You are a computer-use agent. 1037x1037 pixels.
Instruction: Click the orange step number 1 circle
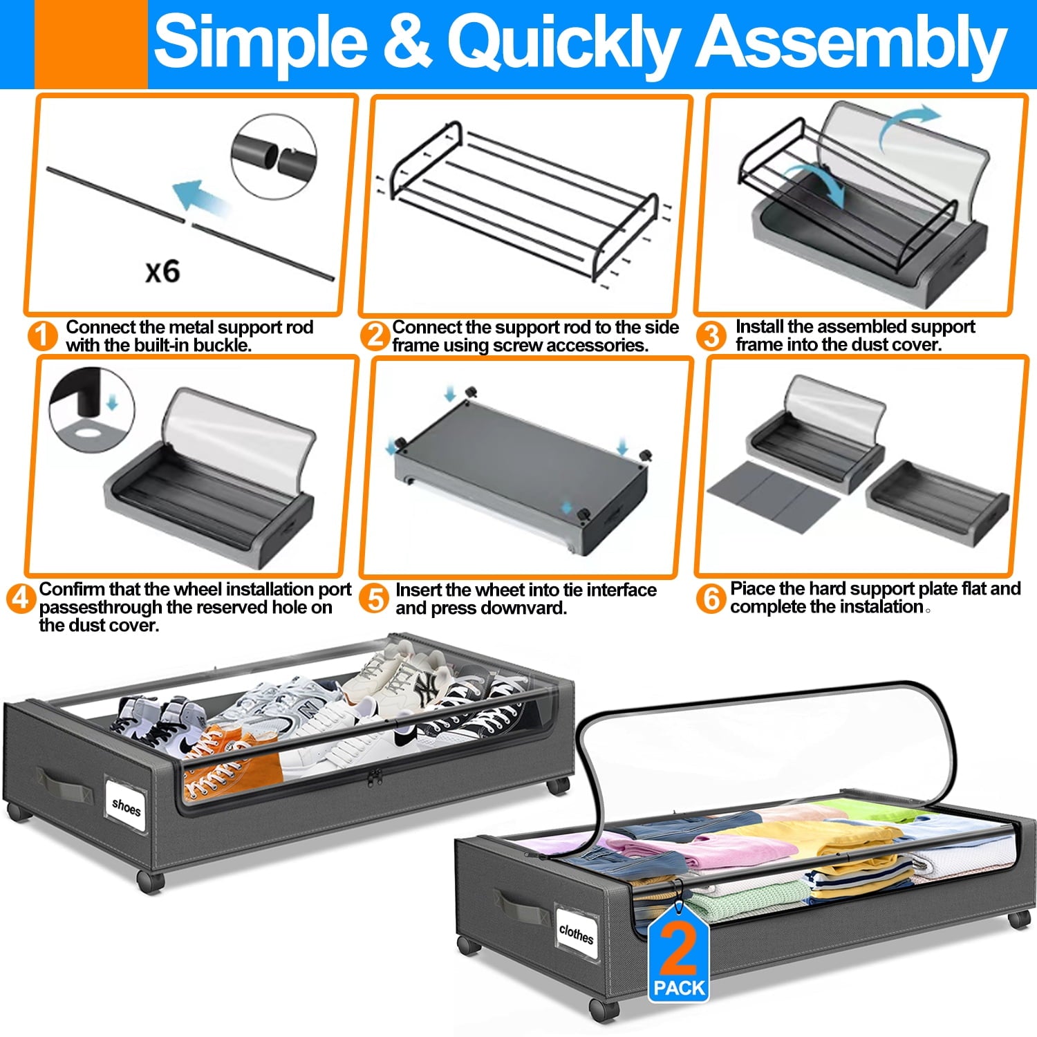coord(43,336)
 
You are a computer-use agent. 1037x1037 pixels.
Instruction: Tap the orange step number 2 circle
coord(375,335)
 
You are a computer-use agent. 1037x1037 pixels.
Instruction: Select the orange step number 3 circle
coord(711,335)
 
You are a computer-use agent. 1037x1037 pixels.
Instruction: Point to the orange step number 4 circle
coord(21,598)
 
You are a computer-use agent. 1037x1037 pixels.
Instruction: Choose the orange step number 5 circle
coord(375,599)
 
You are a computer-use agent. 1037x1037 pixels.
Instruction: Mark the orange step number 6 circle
coord(711,598)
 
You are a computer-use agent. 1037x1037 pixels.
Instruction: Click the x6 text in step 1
coord(162,271)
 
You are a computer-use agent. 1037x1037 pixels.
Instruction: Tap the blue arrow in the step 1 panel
coord(200,197)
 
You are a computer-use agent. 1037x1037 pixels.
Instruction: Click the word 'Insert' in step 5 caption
coord(418,590)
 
